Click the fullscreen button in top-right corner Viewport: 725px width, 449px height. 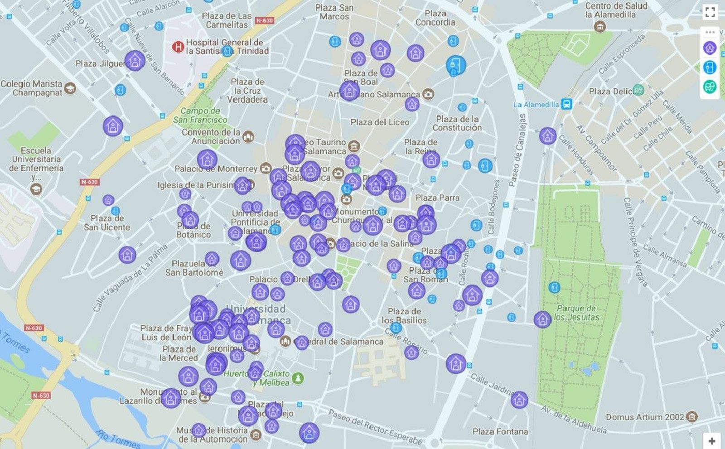(710, 12)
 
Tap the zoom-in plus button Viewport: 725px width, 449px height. (712, 441)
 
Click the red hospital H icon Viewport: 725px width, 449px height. (178, 47)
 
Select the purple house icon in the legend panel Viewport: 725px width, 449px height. (710, 48)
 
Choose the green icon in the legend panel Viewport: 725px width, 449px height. (710, 86)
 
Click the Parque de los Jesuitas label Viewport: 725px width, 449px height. (576, 313)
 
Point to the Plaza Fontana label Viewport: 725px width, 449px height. (500, 432)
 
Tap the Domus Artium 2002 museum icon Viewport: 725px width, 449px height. (691, 416)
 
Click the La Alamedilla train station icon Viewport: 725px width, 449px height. (566, 104)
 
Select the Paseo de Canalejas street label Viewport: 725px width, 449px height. (517, 150)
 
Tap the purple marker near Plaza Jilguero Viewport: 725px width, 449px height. (135, 61)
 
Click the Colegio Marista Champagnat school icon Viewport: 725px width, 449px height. (70, 88)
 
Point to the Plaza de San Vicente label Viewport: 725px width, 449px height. (107, 222)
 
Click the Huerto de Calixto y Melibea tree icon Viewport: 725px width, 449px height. (298, 377)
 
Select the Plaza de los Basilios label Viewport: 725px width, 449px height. (404, 316)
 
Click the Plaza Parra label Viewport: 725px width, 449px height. (437, 198)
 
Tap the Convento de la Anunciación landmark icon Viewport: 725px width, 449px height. (248, 136)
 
